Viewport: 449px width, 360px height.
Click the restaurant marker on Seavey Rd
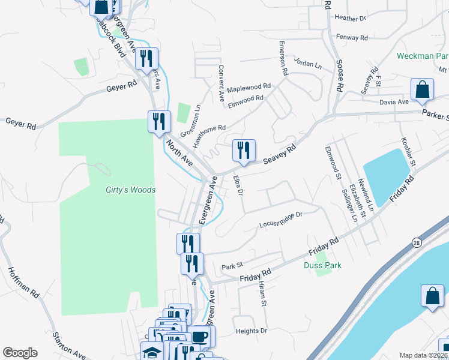tap(244, 150)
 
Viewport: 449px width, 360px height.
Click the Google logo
tap(20, 353)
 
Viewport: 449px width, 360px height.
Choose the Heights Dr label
tap(251, 331)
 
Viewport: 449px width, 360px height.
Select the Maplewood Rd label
tap(249, 87)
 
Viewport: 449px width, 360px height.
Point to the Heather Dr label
tap(350, 19)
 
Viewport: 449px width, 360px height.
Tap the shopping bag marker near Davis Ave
tap(422, 90)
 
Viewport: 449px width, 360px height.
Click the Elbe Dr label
tap(238, 185)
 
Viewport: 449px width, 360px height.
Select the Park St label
tap(231, 266)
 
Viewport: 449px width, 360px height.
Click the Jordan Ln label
tap(308, 62)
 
